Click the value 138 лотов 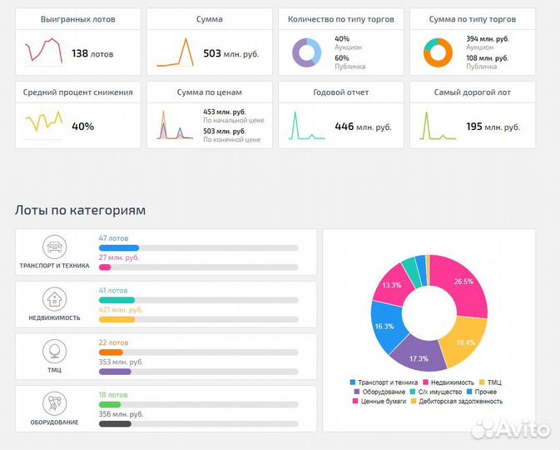pyautogui.click(x=92, y=53)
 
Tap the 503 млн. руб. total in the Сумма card pyautogui.click(x=230, y=53)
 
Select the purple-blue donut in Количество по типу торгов pyautogui.click(x=306, y=52)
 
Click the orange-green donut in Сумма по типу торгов pyautogui.click(x=438, y=52)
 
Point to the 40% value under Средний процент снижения pyautogui.click(x=82, y=127)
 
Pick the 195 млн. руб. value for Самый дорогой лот pyautogui.click(x=493, y=127)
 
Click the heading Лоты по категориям pyautogui.click(x=80, y=210)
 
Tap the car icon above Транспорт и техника pyautogui.click(x=54, y=247)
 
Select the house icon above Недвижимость pyautogui.click(x=54, y=298)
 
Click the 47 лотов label pyautogui.click(x=113, y=238)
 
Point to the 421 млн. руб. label pyautogui.click(x=121, y=309)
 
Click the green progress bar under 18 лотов pyautogui.click(x=110, y=404)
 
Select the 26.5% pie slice pyautogui.click(x=461, y=283)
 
